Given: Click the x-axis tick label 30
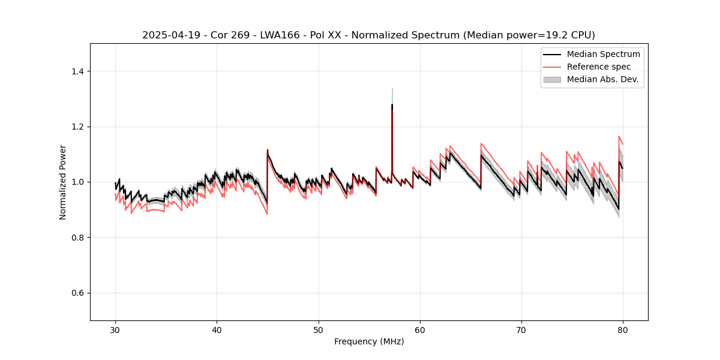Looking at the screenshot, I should point(115,330).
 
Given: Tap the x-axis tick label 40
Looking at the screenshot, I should point(217,330).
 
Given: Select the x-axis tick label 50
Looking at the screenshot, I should point(319,330).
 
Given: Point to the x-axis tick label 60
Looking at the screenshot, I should point(420,330).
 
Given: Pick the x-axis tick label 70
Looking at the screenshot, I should point(521,330).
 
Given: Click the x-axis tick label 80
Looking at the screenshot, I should point(623,330).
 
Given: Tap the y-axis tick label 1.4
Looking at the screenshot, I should point(77,71).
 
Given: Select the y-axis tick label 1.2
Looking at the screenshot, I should point(77,127).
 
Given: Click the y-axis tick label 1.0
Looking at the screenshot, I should point(77,182).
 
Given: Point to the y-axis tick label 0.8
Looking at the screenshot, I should point(77,238).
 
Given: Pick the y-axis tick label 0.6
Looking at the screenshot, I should point(77,293).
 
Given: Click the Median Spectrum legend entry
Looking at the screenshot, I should point(603,55).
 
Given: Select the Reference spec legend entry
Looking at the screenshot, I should point(599,67).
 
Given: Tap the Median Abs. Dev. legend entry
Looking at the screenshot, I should point(602,79).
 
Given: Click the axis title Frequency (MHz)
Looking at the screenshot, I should point(369,342).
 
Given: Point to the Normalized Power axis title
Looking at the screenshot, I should point(63,182).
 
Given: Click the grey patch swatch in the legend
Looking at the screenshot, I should point(552,79).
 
